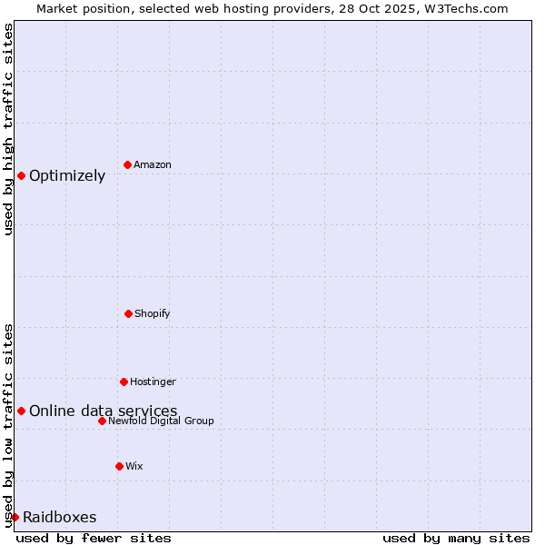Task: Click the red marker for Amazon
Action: [127, 164]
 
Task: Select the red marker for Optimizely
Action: [21, 175]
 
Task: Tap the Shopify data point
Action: [128, 313]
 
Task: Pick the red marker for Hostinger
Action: [124, 381]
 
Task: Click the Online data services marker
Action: [21, 411]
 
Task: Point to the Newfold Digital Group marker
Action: [102, 421]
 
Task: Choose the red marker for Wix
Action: [119, 466]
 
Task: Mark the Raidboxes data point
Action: [15, 517]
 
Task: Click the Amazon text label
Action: [153, 164]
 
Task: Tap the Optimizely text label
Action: [67, 175]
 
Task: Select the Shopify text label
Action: [153, 313]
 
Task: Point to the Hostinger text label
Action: [153, 381]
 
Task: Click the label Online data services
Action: [104, 411]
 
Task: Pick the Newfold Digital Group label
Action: [161, 421]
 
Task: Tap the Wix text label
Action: [134, 466]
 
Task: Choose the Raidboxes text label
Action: [60, 517]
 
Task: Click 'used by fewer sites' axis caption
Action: [94, 538]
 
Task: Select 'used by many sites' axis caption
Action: [456, 538]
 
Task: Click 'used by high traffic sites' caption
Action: [8, 129]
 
